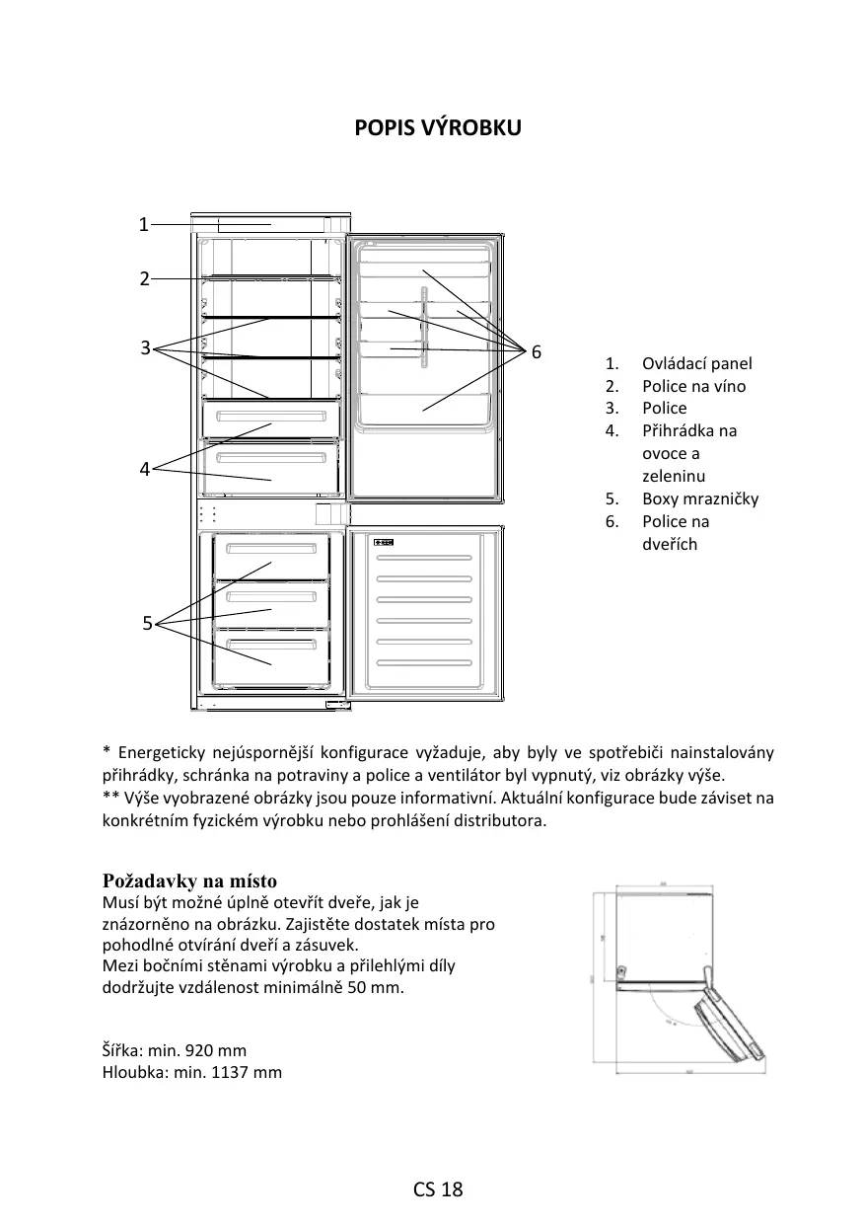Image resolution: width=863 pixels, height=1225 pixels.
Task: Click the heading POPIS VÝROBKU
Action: tap(438, 128)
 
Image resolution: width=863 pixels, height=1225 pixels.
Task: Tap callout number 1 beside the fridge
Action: tap(143, 224)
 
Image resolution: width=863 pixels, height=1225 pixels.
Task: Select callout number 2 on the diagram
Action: tap(144, 278)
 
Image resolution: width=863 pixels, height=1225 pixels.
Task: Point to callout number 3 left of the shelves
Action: tap(145, 347)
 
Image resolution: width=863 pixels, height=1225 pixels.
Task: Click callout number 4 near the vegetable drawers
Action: tap(144, 470)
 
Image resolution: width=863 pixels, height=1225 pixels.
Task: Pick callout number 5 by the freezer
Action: tap(147, 623)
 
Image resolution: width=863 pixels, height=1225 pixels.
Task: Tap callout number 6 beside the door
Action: tap(537, 352)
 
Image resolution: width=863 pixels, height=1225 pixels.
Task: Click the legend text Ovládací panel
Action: tap(696, 363)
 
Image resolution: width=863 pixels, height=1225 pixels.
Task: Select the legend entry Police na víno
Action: tap(693, 386)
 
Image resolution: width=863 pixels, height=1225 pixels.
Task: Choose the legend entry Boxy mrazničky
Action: tap(700, 498)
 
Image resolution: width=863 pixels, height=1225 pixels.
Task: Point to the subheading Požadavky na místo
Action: tap(189, 880)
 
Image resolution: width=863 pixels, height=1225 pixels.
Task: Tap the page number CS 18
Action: tap(438, 1189)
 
